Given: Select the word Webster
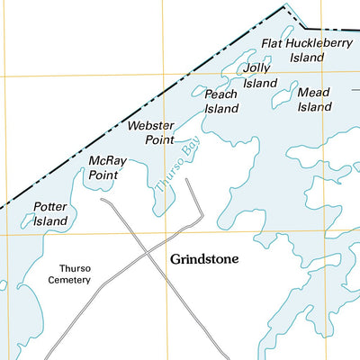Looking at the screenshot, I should [x=149, y=126].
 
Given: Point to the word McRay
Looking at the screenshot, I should [x=107, y=161].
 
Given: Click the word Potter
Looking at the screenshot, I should [x=50, y=207].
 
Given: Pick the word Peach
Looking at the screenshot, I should [x=220, y=94].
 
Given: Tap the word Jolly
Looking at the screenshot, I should [x=256, y=68].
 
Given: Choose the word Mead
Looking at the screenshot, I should [x=313, y=92].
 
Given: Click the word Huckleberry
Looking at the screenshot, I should [x=314, y=43].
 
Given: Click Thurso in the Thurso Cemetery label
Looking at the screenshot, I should [x=75, y=268].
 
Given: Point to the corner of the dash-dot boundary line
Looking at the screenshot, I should [x=286, y=7].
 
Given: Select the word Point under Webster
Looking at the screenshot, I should [x=159, y=140].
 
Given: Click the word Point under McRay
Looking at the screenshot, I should [x=103, y=175].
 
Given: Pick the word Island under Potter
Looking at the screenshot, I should [x=50, y=221].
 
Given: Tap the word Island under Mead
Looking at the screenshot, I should [x=315, y=106].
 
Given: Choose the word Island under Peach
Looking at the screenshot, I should [x=221, y=109].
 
